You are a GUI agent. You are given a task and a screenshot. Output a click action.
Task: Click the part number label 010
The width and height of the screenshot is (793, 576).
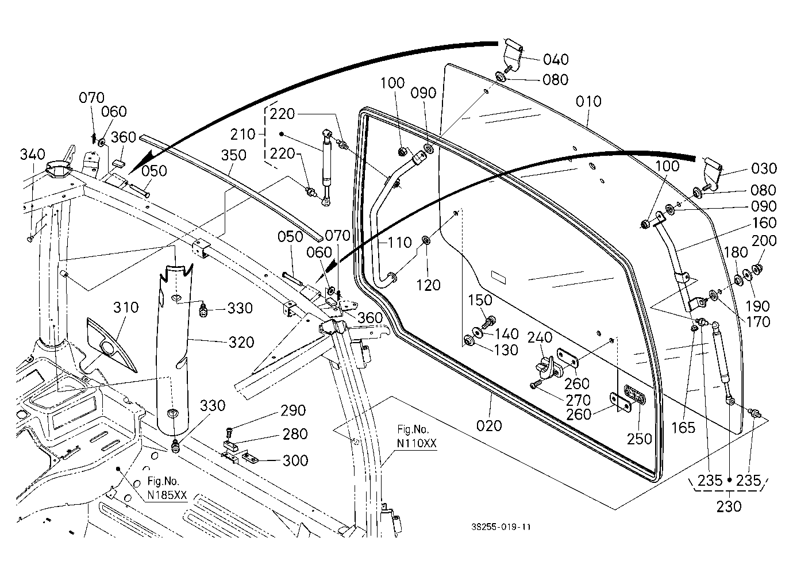coord(588,102)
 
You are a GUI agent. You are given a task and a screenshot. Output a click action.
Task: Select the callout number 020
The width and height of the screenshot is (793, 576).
coord(489,426)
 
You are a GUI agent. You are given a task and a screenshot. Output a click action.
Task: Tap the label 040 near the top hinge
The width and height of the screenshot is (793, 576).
coord(556,60)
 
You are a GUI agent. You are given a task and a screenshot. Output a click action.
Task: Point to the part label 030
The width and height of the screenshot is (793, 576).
coord(764,168)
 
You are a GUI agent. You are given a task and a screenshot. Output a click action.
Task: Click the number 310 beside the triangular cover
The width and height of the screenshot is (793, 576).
coord(126,308)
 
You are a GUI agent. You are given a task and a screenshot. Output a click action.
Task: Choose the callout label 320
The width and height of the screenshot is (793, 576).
coord(241,343)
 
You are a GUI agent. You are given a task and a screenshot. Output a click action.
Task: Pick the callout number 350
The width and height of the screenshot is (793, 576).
coord(233,155)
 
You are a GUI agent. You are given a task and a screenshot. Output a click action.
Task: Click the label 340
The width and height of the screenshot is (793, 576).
coord(33,155)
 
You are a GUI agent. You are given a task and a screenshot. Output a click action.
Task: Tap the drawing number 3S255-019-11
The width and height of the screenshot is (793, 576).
coord(501,527)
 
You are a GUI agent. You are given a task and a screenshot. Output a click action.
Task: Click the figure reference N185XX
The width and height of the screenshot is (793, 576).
coord(167,495)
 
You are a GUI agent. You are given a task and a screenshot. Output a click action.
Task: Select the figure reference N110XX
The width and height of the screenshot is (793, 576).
coord(417,444)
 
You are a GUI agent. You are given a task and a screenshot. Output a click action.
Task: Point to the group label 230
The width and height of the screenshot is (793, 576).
coord(729,507)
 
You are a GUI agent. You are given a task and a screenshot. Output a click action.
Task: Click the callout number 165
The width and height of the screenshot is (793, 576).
coord(683,428)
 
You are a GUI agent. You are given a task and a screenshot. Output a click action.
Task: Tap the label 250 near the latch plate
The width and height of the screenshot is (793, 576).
coord(640,439)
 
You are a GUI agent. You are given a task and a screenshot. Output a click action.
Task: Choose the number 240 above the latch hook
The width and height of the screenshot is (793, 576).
coord(540,337)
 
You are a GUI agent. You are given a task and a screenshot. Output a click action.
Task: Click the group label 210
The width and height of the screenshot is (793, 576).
coord(242,135)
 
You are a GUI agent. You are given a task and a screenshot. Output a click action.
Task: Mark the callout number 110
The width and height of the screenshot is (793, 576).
coord(400,243)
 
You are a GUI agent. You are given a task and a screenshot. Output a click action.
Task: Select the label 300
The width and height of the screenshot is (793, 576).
coord(295,461)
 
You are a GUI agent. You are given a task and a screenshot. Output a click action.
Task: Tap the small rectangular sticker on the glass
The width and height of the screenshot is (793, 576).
coord(498,278)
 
